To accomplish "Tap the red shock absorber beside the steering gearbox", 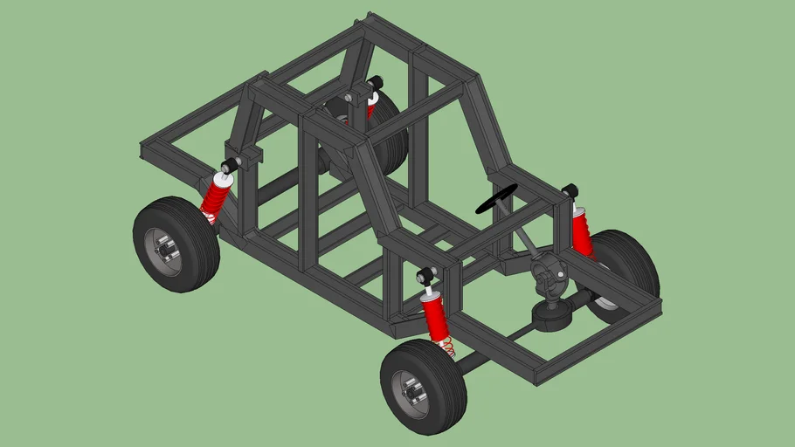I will click(x=582, y=230).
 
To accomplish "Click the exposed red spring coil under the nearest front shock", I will click(x=446, y=346).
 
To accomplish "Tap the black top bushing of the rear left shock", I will click(x=232, y=165).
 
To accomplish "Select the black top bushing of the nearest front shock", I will click(x=425, y=277).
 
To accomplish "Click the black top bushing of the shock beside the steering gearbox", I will click(x=570, y=189).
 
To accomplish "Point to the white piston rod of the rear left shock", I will click(x=225, y=179).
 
